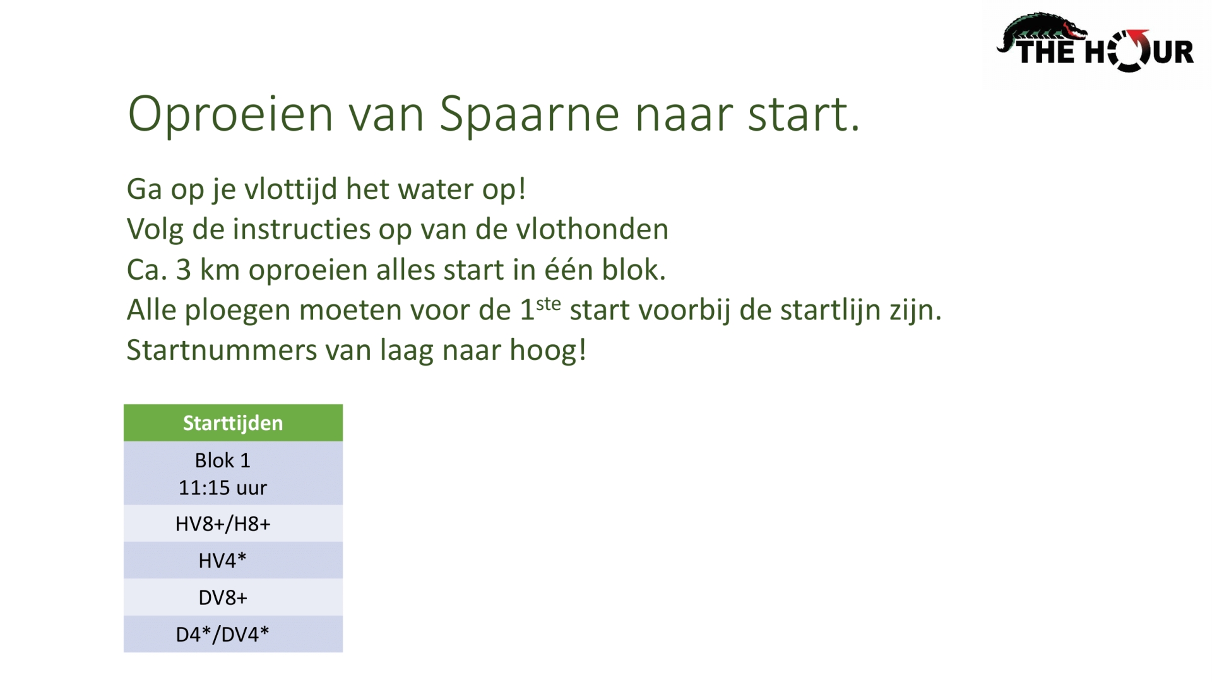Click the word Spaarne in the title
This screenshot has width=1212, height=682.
(529, 115)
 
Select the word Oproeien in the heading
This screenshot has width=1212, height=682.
(230, 115)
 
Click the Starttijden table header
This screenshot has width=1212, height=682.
(233, 422)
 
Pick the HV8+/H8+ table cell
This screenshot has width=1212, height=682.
(223, 523)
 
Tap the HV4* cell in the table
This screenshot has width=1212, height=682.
(223, 560)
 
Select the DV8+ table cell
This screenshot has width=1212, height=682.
(223, 597)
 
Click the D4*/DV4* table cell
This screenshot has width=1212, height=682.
(223, 634)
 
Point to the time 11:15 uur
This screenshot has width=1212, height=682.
(223, 488)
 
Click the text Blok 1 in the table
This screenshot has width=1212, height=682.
(223, 460)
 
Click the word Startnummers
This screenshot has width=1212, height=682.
(222, 350)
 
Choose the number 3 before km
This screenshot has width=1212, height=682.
(184, 270)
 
